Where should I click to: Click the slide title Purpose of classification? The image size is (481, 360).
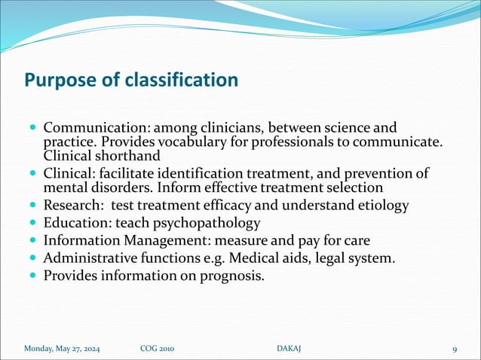pyautogui.click(x=131, y=79)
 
